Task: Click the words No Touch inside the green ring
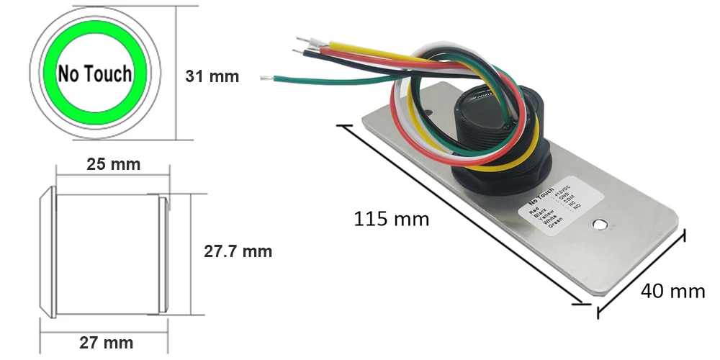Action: coord(95,73)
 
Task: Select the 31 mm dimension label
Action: coord(212,76)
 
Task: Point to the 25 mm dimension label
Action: coord(113,163)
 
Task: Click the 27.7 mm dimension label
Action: coord(238,251)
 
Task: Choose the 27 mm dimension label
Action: coord(107,341)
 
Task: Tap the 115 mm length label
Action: coord(391,218)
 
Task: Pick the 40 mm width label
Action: coord(672,291)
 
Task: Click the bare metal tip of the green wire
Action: coord(266,76)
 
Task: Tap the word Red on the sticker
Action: coord(534,212)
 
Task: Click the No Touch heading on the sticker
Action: coord(541,195)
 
